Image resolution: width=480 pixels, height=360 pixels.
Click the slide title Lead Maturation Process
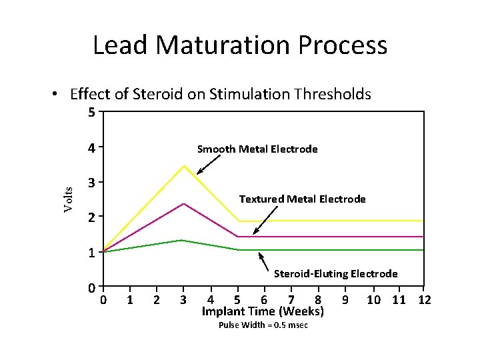[239, 45]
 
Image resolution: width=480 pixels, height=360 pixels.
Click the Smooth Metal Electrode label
[257, 149]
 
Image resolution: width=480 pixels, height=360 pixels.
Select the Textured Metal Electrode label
[302, 199]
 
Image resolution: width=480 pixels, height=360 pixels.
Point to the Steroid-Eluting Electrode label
[335, 273]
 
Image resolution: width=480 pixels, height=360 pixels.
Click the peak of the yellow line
[183, 165]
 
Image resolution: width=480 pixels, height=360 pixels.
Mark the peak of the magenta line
[183, 203]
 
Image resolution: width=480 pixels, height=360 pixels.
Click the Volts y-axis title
[68, 199]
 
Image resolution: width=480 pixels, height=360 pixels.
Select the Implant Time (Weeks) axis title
[262, 312]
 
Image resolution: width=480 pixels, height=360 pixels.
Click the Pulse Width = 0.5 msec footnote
[263, 325]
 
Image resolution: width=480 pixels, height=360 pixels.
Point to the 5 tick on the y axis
[91, 112]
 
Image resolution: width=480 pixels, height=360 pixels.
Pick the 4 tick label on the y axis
[91, 147]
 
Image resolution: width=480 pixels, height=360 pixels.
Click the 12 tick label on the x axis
[423, 299]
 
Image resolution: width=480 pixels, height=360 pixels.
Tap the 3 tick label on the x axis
[183, 299]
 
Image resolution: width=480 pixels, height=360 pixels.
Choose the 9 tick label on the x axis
[345, 299]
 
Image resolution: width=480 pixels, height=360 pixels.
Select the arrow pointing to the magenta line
[265, 220]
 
